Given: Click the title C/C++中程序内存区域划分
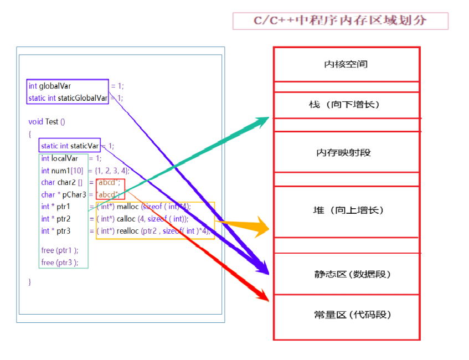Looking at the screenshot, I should (340, 20).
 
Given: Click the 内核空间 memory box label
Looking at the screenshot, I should (346, 64).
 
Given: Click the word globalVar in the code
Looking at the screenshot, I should (55, 86).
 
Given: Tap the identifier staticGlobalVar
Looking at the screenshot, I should (83, 98).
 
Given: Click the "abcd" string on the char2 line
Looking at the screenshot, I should (109, 183).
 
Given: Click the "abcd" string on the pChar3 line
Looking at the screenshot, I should (108, 194).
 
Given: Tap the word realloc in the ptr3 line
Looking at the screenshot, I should (127, 231).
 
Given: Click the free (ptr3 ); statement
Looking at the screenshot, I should (59, 263).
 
